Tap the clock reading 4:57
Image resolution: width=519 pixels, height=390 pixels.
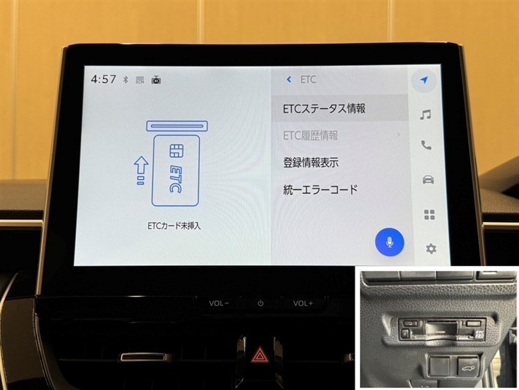pyautogui.click(x=104, y=79)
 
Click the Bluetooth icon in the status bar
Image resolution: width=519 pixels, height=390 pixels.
pyautogui.click(x=125, y=79)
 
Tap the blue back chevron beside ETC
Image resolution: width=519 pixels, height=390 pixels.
pyautogui.click(x=289, y=79)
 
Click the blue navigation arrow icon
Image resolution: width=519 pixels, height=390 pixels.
pyautogui.click(x=424, y=80)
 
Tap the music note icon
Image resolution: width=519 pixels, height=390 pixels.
pyautogui.click(x=426, y=115)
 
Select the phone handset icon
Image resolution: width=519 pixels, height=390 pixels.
pyautogui.click(x=426, y=145)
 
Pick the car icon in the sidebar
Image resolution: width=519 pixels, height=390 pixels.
pyautogui.click(x=428, y=179)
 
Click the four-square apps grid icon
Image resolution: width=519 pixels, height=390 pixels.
pyautogui.click(x=429, y=214)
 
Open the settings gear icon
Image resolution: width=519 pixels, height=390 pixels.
pyautogui.click(x=431, y=248)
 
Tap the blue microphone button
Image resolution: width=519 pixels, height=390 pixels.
pyautogui.click(x=390, y=242)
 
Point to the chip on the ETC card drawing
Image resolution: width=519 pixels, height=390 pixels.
pyautogui.click(x=176, y=151)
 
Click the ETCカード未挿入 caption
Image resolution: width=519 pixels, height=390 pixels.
pyautogui.click(x=174, y=226)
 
